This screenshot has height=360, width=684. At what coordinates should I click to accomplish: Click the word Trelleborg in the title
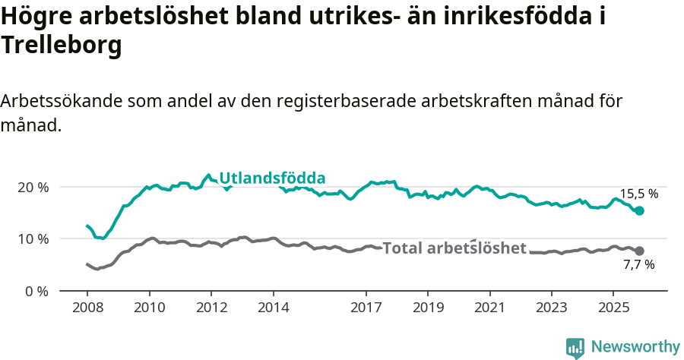[62, 46]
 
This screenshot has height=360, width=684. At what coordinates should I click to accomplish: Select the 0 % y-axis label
[36, 291]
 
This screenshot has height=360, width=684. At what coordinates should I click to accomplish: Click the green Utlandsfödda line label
[272, 178]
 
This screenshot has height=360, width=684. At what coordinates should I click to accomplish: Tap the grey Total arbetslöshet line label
[454, 248]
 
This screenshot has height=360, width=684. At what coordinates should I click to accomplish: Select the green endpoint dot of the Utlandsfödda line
[639, 210]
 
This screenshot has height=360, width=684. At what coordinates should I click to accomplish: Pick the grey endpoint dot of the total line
[639, 251]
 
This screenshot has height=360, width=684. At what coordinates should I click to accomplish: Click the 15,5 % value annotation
[639, 194]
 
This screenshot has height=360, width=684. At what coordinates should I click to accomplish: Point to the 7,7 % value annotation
[639, 265]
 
